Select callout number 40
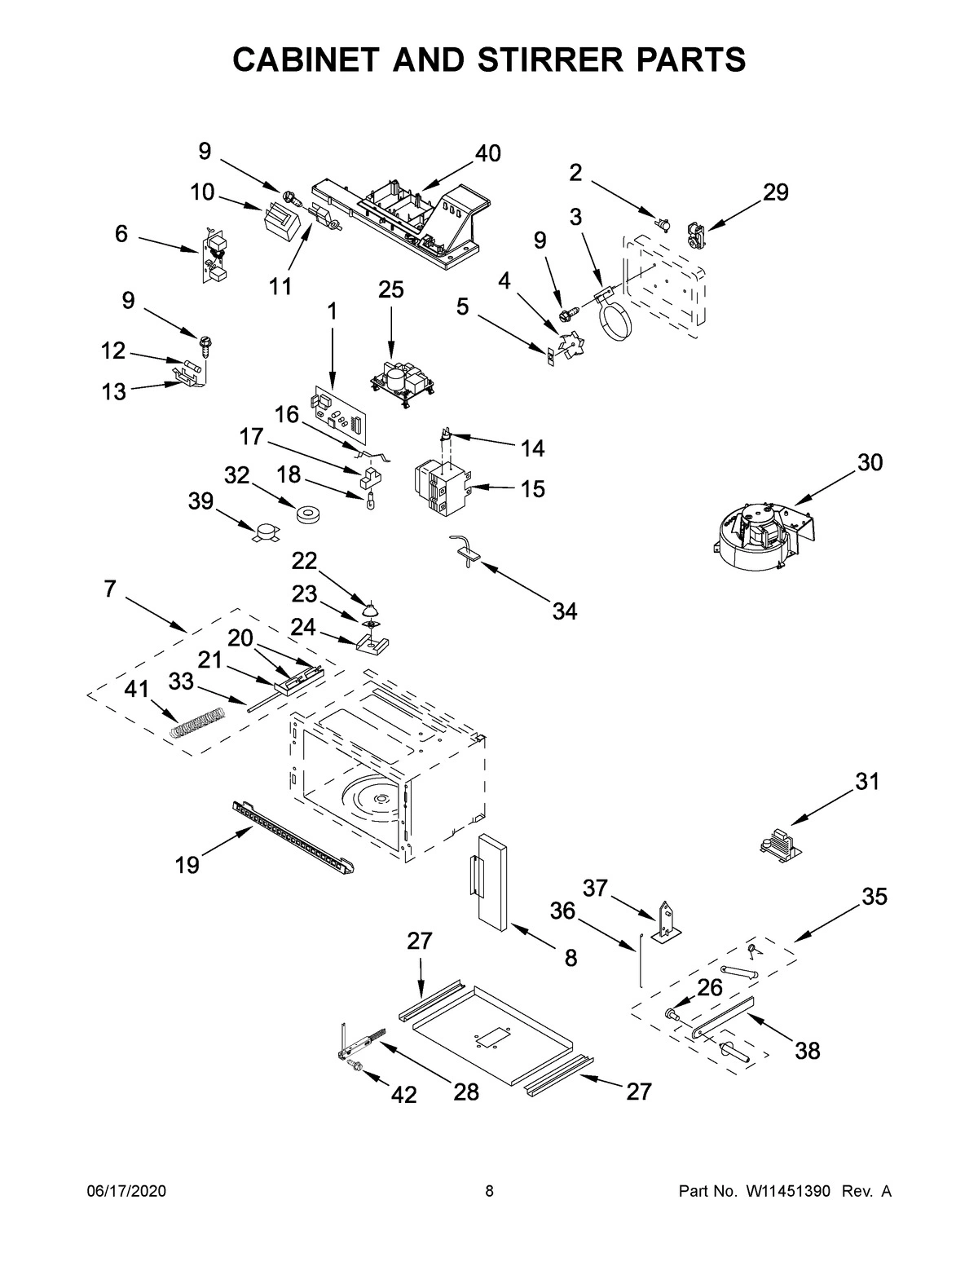487,152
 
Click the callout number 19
187,865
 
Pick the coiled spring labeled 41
197,721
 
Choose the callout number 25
390,290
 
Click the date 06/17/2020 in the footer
126,1192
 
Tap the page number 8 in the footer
489,1192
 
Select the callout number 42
403,1094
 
